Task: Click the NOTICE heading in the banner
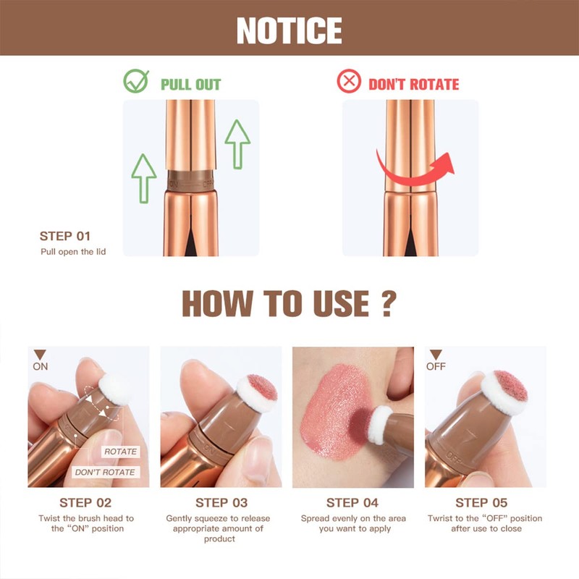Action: point(289,30)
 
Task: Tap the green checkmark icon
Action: point(135,83)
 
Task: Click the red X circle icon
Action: point(349,83)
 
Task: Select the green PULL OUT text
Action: point(190,84)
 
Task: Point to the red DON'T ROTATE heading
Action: point(413,84)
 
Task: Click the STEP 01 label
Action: point(66,236)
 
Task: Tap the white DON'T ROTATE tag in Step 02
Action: point(105,472)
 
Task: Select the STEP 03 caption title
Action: point(221,502)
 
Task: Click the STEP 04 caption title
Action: point(352,502)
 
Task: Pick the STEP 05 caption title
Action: point(481,502)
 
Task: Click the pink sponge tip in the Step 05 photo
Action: point(510,386)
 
